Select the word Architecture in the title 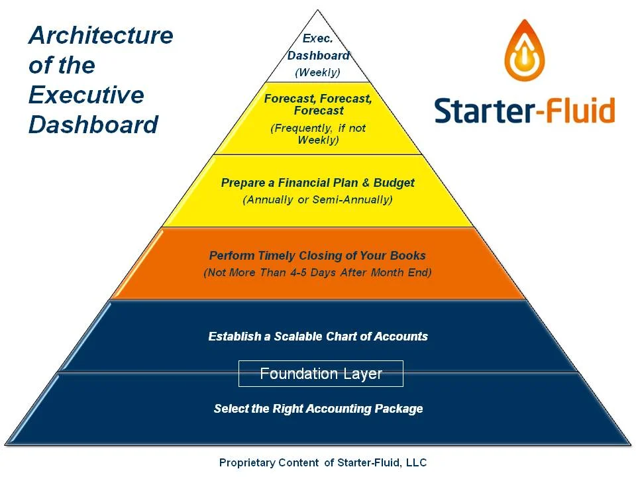101,36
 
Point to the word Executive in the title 86,95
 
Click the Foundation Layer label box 321,374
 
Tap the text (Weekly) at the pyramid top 317,72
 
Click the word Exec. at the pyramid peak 317,39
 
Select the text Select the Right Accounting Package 318,409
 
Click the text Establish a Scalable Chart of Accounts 318,337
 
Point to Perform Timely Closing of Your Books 317,256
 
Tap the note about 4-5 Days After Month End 317,272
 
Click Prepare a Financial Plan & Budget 318,183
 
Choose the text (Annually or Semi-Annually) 318,199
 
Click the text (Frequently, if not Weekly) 318,134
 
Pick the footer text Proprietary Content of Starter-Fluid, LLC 323,462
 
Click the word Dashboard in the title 93,125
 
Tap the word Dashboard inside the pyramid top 318,56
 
